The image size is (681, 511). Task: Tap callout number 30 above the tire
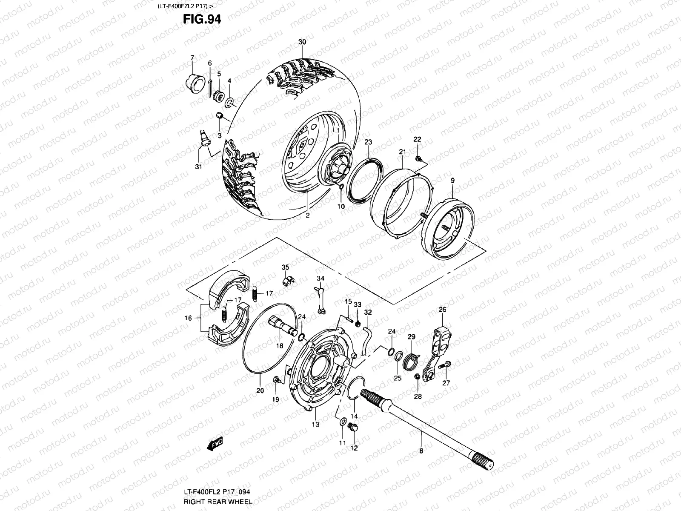302,43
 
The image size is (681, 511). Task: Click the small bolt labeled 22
419,160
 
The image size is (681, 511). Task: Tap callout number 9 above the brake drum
452,181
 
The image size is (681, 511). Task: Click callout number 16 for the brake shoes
188,318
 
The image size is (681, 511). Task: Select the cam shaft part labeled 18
283,328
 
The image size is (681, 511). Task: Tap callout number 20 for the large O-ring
260,390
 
